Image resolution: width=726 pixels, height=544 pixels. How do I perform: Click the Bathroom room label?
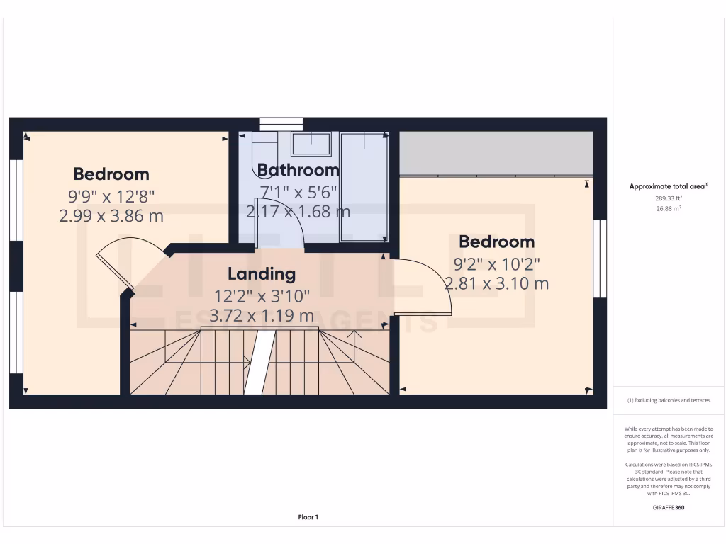[x=298, y=170]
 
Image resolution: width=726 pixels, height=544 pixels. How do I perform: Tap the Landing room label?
[x=262, y=273]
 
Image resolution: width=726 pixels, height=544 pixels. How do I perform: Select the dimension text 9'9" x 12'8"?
[x=111, y=195]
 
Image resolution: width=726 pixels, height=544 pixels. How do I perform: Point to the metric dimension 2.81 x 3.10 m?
[x=496, y=284]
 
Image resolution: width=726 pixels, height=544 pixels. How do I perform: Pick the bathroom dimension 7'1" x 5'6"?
[x=298, y=192]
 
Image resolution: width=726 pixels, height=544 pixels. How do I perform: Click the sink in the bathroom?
[x=311, y=144]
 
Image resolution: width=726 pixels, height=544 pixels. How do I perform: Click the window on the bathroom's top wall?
[x=281, y=125]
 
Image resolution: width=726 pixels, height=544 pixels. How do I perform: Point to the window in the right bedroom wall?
[x=600, y=258]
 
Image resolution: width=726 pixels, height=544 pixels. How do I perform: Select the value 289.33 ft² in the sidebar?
[x=669, y=199]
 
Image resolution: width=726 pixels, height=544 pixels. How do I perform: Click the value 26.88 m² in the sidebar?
[x=669, y=209]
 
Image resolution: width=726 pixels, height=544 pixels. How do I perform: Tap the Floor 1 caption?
[x=308, y=517]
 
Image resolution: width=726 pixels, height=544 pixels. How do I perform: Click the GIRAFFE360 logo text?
[x=669, y=507]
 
